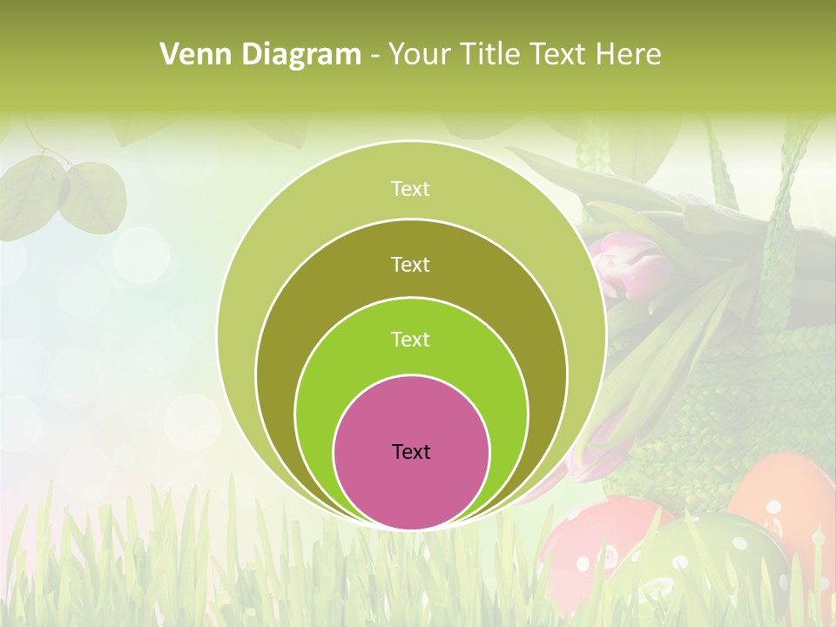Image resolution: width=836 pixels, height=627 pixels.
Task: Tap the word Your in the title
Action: [x=421, y=55]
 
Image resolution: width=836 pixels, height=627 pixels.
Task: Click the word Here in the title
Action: [x=628, y=55]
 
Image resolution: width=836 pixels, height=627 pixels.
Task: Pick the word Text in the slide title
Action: [x=559, y=55]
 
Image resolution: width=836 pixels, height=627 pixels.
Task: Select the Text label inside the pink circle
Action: [x=411, y=452]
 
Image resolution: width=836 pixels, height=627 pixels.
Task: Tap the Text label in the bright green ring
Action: [x=411, y=340]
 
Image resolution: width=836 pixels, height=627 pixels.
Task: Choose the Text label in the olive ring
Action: [x=411, y=264]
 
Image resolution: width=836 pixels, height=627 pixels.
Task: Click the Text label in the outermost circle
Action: [x=411, y=189]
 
